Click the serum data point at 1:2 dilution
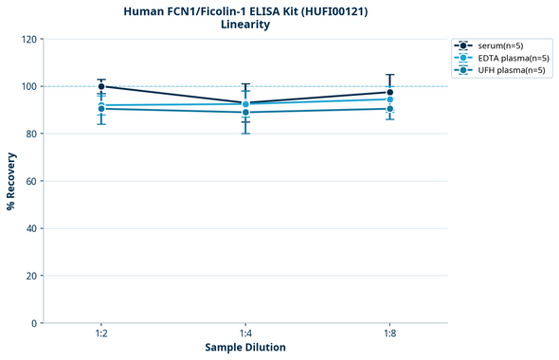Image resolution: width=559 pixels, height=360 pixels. [101, 86]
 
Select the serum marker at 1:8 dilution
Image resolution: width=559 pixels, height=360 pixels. [390, 93]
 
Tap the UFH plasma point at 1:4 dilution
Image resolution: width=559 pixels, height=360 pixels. [245, 113]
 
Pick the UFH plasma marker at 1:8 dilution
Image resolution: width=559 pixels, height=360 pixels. [390, 109]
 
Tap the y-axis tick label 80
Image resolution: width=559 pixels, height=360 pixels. [30, 134]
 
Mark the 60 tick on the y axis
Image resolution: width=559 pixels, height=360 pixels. [30, 181]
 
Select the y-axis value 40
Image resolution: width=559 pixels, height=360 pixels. [30, 228]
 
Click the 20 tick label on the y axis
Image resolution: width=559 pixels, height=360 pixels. [30, 276]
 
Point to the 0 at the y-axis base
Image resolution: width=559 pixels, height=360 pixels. [33, 323]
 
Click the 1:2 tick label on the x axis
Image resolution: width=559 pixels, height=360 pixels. [101, 333]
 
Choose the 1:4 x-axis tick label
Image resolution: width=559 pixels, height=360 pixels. [245, 333]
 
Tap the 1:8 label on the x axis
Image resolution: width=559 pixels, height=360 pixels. [390, 333]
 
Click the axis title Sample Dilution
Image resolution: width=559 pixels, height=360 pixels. [245, 348]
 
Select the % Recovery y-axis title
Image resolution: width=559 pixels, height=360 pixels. [11, 180]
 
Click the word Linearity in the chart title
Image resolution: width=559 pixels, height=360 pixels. [245, 25]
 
